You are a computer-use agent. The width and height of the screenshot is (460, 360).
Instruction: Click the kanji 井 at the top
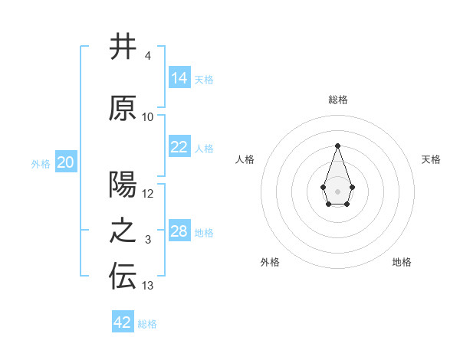(x=123, y=47)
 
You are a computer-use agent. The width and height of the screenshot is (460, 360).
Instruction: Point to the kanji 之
(x=123, y=232)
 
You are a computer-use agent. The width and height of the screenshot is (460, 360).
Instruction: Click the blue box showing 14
(x=179, y=77)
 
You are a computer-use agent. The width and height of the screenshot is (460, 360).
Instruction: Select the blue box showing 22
(x=179, y=148)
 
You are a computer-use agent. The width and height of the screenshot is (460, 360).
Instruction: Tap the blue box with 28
(x=179, y=231)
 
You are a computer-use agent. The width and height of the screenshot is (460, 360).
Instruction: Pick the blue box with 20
(x=66, y=162)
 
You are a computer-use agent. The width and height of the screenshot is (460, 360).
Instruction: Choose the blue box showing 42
(x=123, y=322)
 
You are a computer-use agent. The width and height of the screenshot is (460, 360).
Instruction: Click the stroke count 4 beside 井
(x=147, y=56)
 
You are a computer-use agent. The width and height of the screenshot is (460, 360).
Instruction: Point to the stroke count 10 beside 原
(x=148, y=116)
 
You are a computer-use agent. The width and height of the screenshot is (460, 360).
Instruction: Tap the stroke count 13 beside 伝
(x=148, y=286)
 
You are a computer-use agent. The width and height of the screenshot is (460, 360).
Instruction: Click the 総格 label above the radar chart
(x=337, y=100)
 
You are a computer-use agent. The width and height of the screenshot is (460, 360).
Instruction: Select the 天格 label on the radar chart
(x=431, y=159)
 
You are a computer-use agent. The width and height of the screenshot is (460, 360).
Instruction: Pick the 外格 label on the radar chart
(x=270, y=262)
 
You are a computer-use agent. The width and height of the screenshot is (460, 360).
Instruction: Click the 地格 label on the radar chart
(x=402, y=262)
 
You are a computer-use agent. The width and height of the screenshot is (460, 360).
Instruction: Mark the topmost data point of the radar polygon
(x=337, y=145)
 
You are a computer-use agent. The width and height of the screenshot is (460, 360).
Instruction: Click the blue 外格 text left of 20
(x=41, y=163)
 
